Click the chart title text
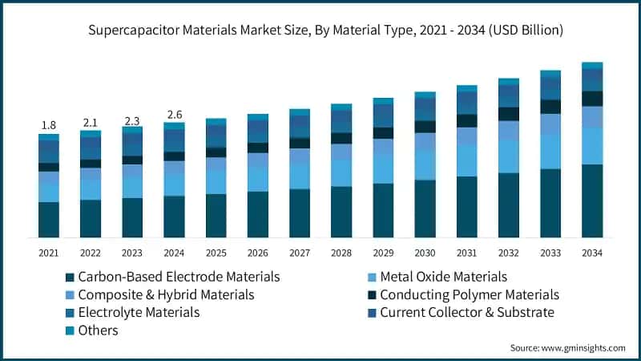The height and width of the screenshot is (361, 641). [320, 30]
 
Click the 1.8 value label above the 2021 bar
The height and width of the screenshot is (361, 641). [49, 125]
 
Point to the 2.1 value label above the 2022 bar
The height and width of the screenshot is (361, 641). [91, 122]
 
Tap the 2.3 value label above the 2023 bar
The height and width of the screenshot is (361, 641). [132, 120]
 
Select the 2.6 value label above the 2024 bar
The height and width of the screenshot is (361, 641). [174, 115]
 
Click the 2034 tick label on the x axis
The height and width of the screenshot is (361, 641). [592, 253]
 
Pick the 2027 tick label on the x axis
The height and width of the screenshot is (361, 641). [300, 253]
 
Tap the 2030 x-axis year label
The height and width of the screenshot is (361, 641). [425, 253]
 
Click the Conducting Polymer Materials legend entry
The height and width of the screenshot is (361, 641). [468, 294]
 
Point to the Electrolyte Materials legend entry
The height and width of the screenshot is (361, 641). [141, 312]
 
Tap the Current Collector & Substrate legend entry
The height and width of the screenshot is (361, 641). [466, 312]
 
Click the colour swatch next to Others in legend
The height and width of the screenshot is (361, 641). [71, 331]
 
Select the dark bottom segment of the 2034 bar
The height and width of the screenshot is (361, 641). [592, 201]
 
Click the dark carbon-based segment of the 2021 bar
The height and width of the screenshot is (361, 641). [49, 219]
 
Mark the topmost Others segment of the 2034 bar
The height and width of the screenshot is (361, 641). [592, 66]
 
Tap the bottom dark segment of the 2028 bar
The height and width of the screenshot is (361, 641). [341, 212]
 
